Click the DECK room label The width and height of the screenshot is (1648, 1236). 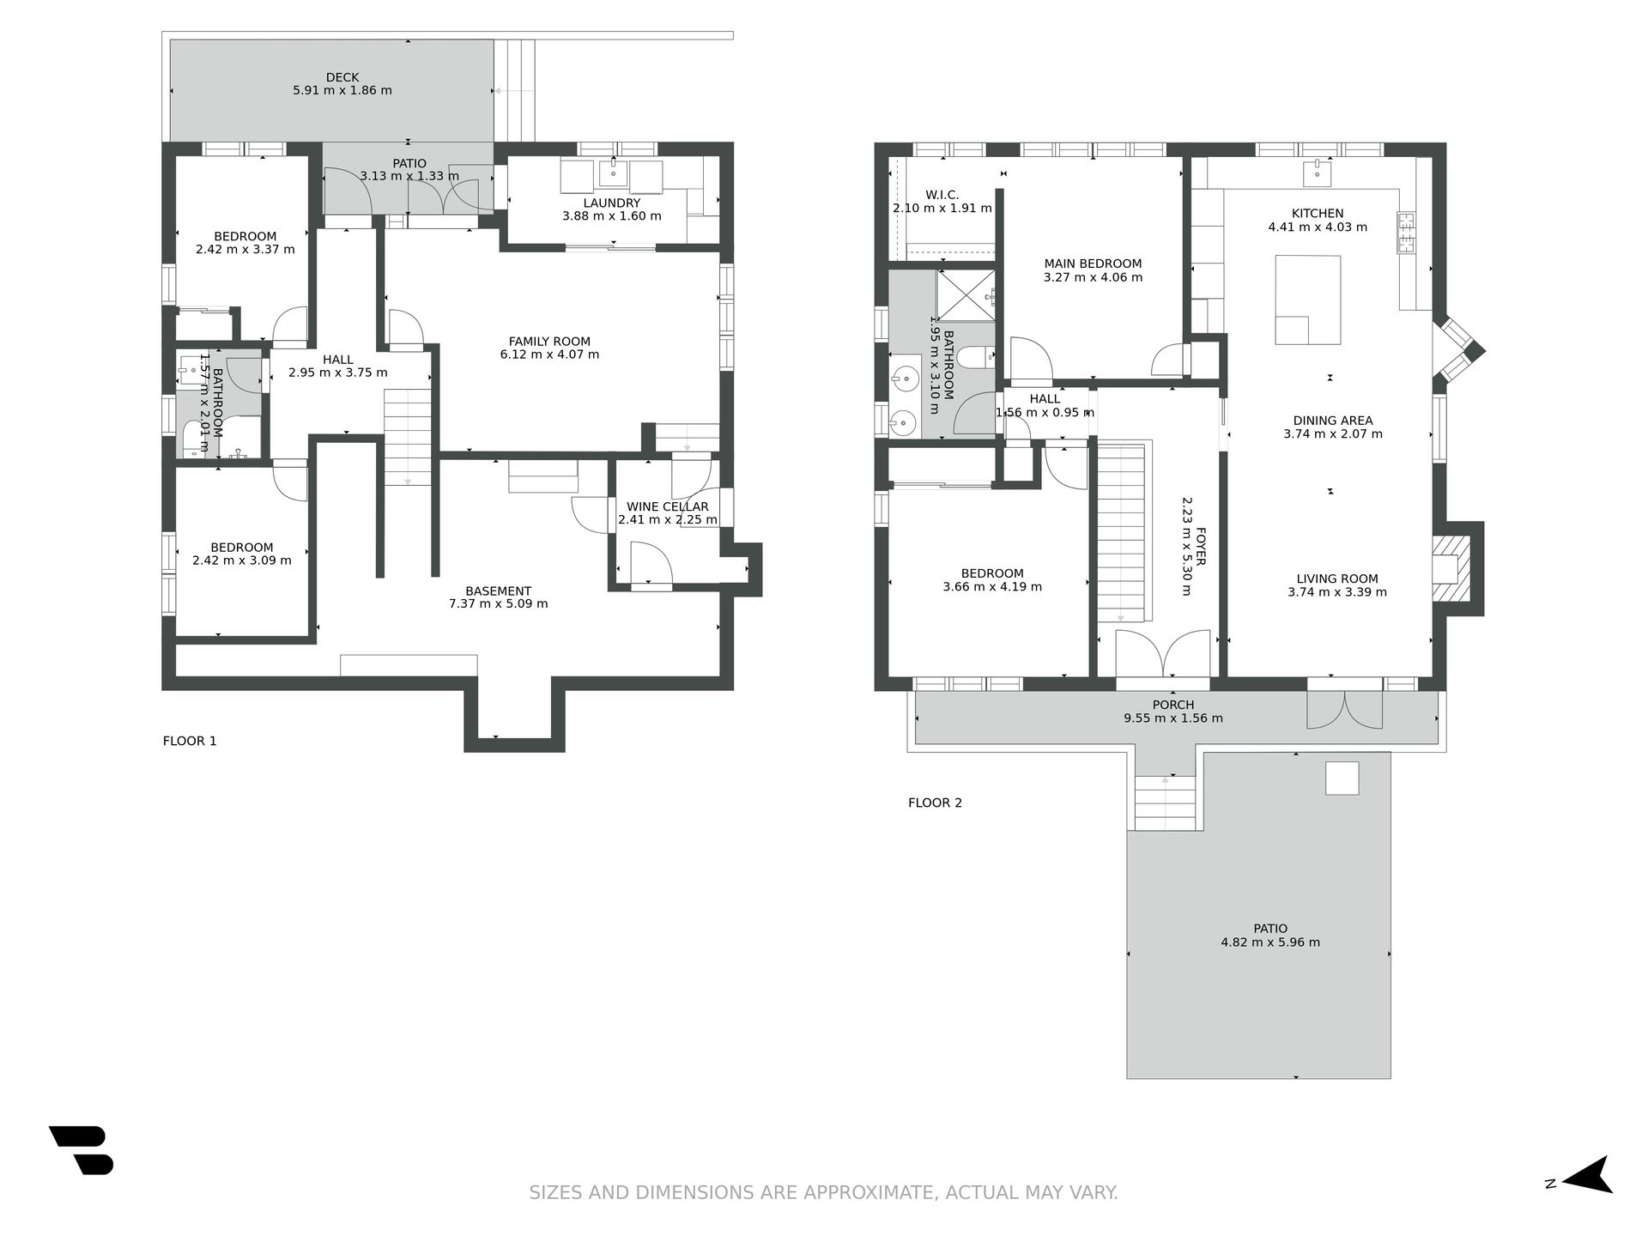click(342, 77)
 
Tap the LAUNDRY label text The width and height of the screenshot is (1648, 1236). click(612, 203)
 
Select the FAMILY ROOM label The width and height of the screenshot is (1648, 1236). click(549, 342)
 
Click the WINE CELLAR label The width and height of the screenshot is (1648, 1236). click(668, 506)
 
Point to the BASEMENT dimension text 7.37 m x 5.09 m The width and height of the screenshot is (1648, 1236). click(498, 603)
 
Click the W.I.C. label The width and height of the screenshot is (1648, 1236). click(942, 195)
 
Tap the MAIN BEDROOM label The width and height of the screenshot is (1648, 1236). click(1093, 264)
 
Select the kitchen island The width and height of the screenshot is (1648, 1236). click(1307, 299)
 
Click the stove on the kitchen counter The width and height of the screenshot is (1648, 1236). click(1406, 233)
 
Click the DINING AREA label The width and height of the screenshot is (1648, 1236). click(1333, 421)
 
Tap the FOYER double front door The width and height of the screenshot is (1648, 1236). click(1163, 654)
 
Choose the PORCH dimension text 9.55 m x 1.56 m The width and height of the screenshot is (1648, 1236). click(1173, 718)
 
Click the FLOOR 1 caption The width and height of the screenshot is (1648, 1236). click(190, 741)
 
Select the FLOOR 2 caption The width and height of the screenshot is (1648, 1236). click(935, 803)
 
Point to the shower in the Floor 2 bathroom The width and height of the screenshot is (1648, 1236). click(966, 296)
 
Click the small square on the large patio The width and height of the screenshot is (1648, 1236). click(1342, 779)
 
